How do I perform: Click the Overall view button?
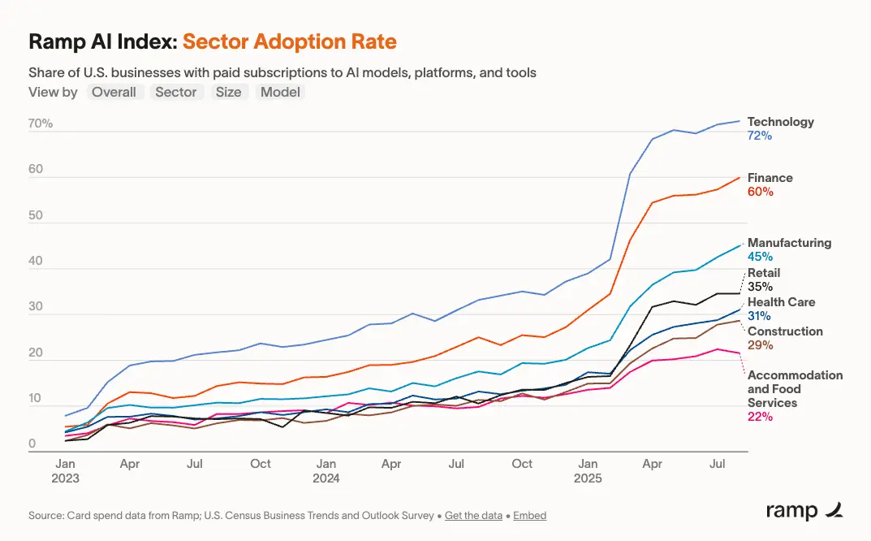114,92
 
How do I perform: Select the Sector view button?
175,92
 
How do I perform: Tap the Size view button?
228,92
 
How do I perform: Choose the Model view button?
280,92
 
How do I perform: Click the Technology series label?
780,122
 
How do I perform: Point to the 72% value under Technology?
759,136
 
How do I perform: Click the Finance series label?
770,178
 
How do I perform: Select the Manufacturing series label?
789,243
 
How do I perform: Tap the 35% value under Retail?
760,287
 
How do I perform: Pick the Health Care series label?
781,302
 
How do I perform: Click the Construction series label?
785,331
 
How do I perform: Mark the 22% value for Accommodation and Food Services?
760,417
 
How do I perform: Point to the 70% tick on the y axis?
41,124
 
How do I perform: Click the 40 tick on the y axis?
36,262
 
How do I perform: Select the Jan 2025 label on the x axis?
588,470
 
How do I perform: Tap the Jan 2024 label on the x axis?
326,470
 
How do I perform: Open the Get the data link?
473,515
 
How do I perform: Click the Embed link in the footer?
530,515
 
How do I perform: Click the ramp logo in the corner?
804,510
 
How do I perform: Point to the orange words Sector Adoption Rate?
290,41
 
